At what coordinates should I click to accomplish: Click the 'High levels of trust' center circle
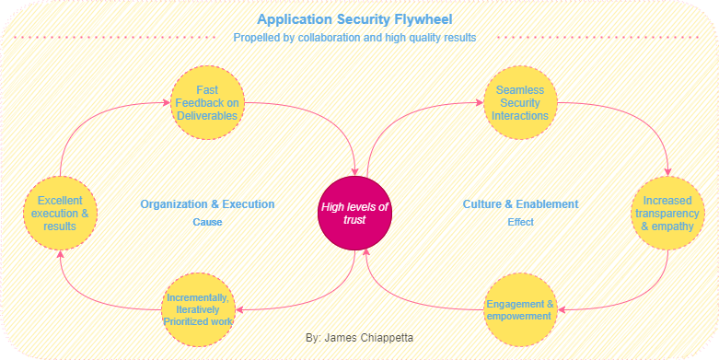click(x=354, y=214)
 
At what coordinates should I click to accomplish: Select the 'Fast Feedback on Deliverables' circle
click(x=206, y=102)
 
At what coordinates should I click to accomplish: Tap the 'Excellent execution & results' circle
click(x=60, y=214)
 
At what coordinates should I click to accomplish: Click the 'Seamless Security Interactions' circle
click(x=521, y=102)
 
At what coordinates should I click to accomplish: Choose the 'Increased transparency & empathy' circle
click(x=667, y=214)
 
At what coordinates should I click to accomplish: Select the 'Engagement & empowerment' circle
click(x=521, y=308)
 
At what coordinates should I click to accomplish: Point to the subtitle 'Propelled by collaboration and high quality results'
click(x=354, y=38)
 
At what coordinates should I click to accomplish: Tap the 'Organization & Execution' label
click(x=207, y=203)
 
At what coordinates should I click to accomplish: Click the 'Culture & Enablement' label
click(x=520, y=203)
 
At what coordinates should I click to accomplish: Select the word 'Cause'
click(x=207, y=222)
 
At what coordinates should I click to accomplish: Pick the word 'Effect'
click(x=520, y=222)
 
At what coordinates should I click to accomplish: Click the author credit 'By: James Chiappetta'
click(x=359, y=338)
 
